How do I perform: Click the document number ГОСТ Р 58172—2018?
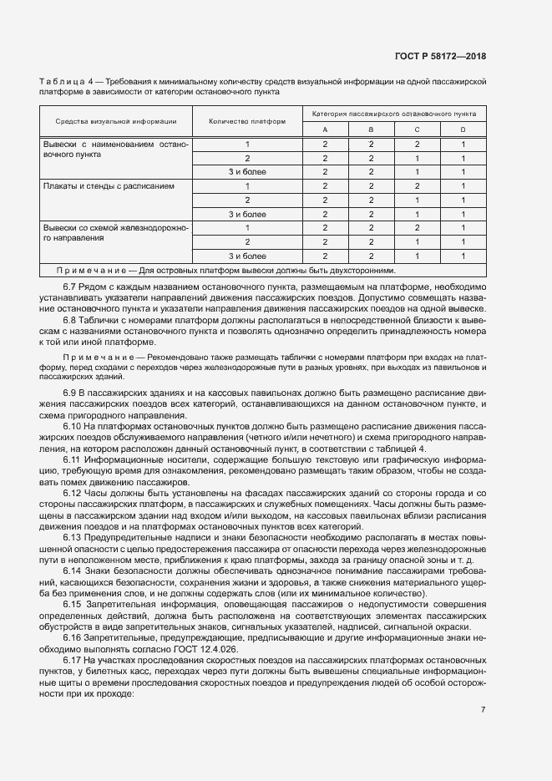(x=440, y=56)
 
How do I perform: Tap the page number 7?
(x=484, y=710)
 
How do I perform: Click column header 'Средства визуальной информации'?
(x=116, y=121)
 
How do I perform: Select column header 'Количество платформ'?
(x=246, y=121)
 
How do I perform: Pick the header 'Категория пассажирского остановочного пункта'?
(x=394, y=112)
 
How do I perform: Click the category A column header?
(x=325, y=129)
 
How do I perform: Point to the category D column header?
(x=463, y=129)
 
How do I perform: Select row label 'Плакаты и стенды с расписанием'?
(x=109, y=185)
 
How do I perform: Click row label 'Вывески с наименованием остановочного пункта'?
(x=116, y=150)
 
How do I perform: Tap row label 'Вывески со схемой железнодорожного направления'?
(x=116, y=232)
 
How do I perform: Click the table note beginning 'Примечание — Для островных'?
(x=225, y=270)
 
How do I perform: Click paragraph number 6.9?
(x=70, y=392)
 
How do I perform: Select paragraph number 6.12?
(x=73, y=493)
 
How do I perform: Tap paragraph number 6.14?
(x=73, y=570)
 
